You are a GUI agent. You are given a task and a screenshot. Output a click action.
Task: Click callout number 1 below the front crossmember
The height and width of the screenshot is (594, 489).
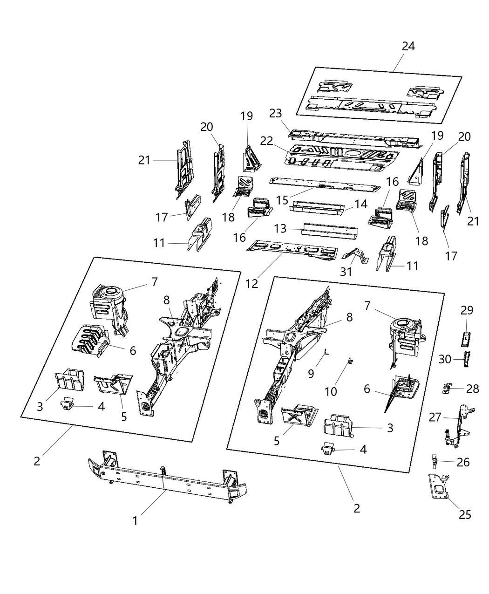coord(135,520)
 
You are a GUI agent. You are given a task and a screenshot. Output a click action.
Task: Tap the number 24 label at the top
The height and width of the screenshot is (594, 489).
coord(408,46)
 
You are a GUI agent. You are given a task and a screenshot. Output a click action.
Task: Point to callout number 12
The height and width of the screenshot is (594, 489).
coord(251,283)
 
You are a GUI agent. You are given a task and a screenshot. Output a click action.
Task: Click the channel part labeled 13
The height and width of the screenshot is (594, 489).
coord(329,230)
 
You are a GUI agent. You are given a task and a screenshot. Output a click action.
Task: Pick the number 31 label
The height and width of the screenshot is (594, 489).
coord(346,272)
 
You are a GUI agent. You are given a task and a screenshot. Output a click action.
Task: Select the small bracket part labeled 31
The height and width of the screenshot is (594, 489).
coord(356,254)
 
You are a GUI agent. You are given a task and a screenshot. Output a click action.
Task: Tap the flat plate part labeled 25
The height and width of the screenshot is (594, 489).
coord(438,487)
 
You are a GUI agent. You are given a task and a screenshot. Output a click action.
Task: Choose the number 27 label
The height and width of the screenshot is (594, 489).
coord(435,417)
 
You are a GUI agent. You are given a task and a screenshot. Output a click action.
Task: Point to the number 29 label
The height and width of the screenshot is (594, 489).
coord(467,310)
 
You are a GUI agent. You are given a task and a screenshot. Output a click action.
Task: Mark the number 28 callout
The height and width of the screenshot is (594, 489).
coord(472,389)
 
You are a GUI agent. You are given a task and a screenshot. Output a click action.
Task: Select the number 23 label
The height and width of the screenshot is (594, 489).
coord(276,114)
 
